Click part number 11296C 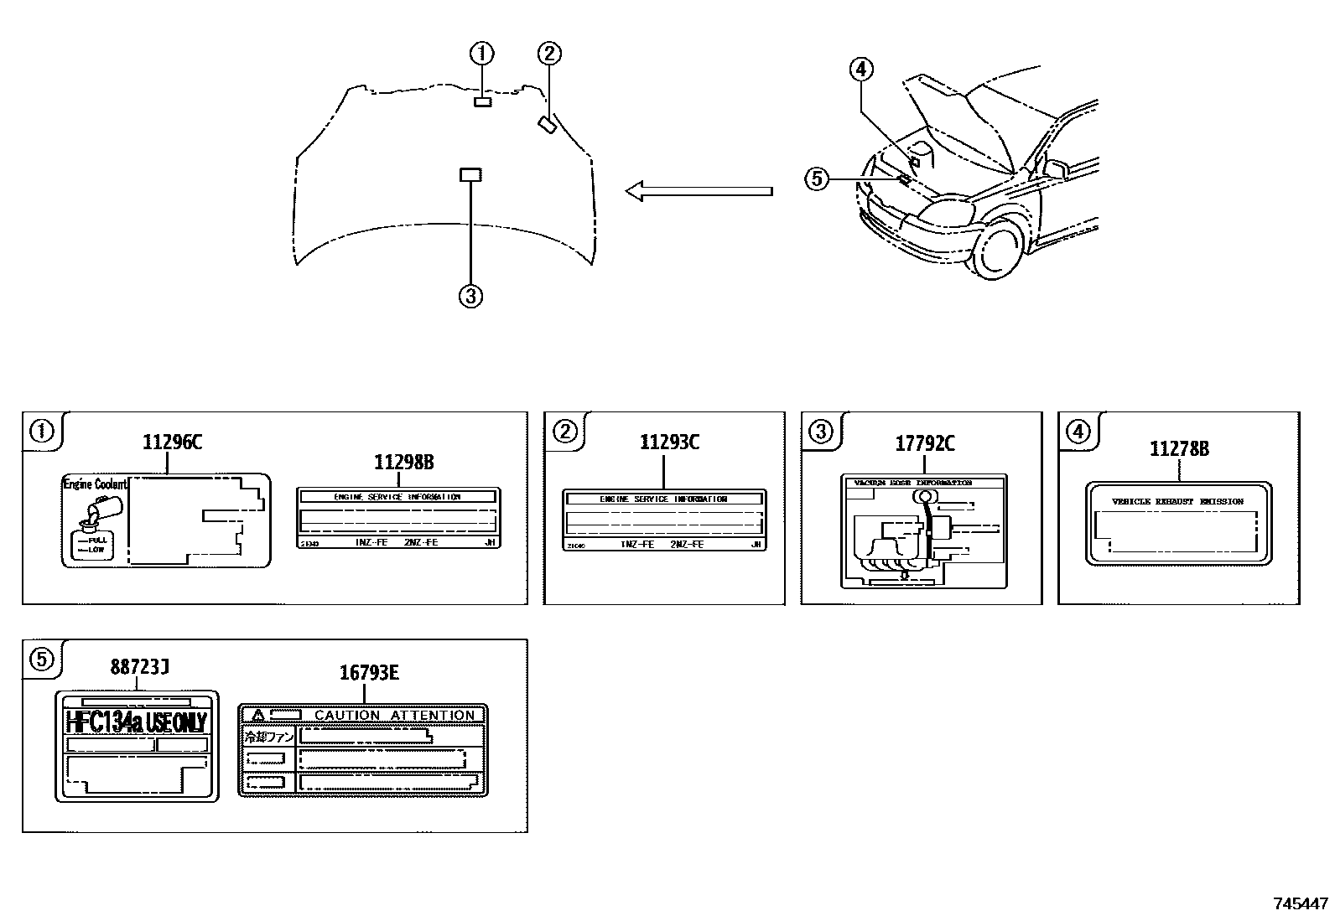click(172, 442)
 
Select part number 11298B click(403, 462)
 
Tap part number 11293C click(669, 442)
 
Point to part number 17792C click(924, 443)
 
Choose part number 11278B click(1179, 449)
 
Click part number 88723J click(140, 667)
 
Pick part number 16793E click(369, 672)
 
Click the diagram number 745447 click(1301, 903)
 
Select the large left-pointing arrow click(698, 191)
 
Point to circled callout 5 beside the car click(818, 179)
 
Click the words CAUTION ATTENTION click(394, 715)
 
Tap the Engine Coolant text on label click(94, 484)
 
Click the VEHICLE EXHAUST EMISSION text click(1177, 501)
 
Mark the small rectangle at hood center click(470, 174)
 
